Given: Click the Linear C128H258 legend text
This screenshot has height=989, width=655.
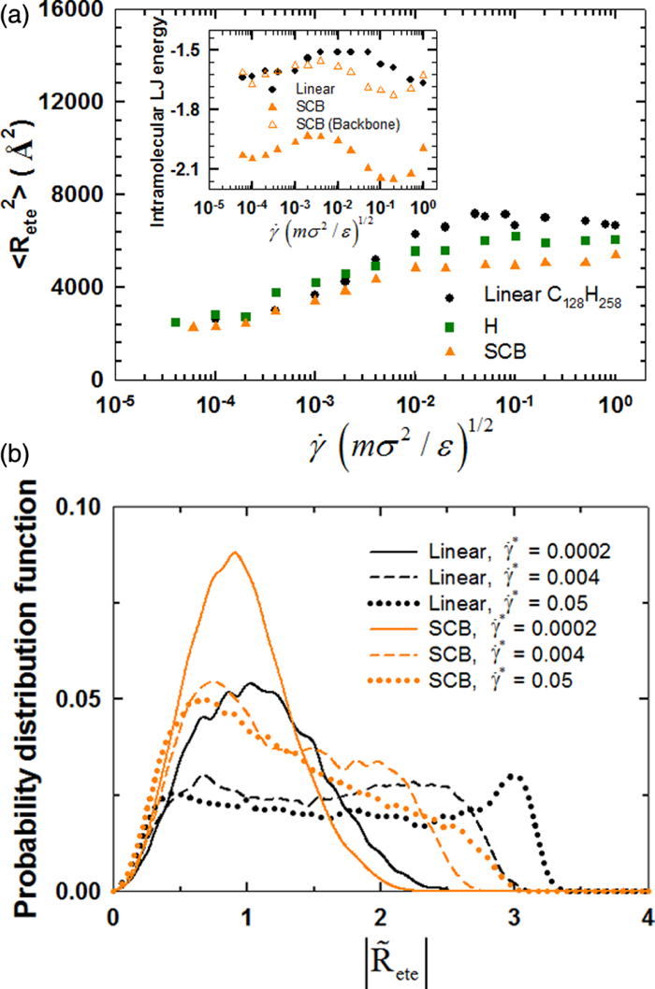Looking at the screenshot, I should coord(552,297).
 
